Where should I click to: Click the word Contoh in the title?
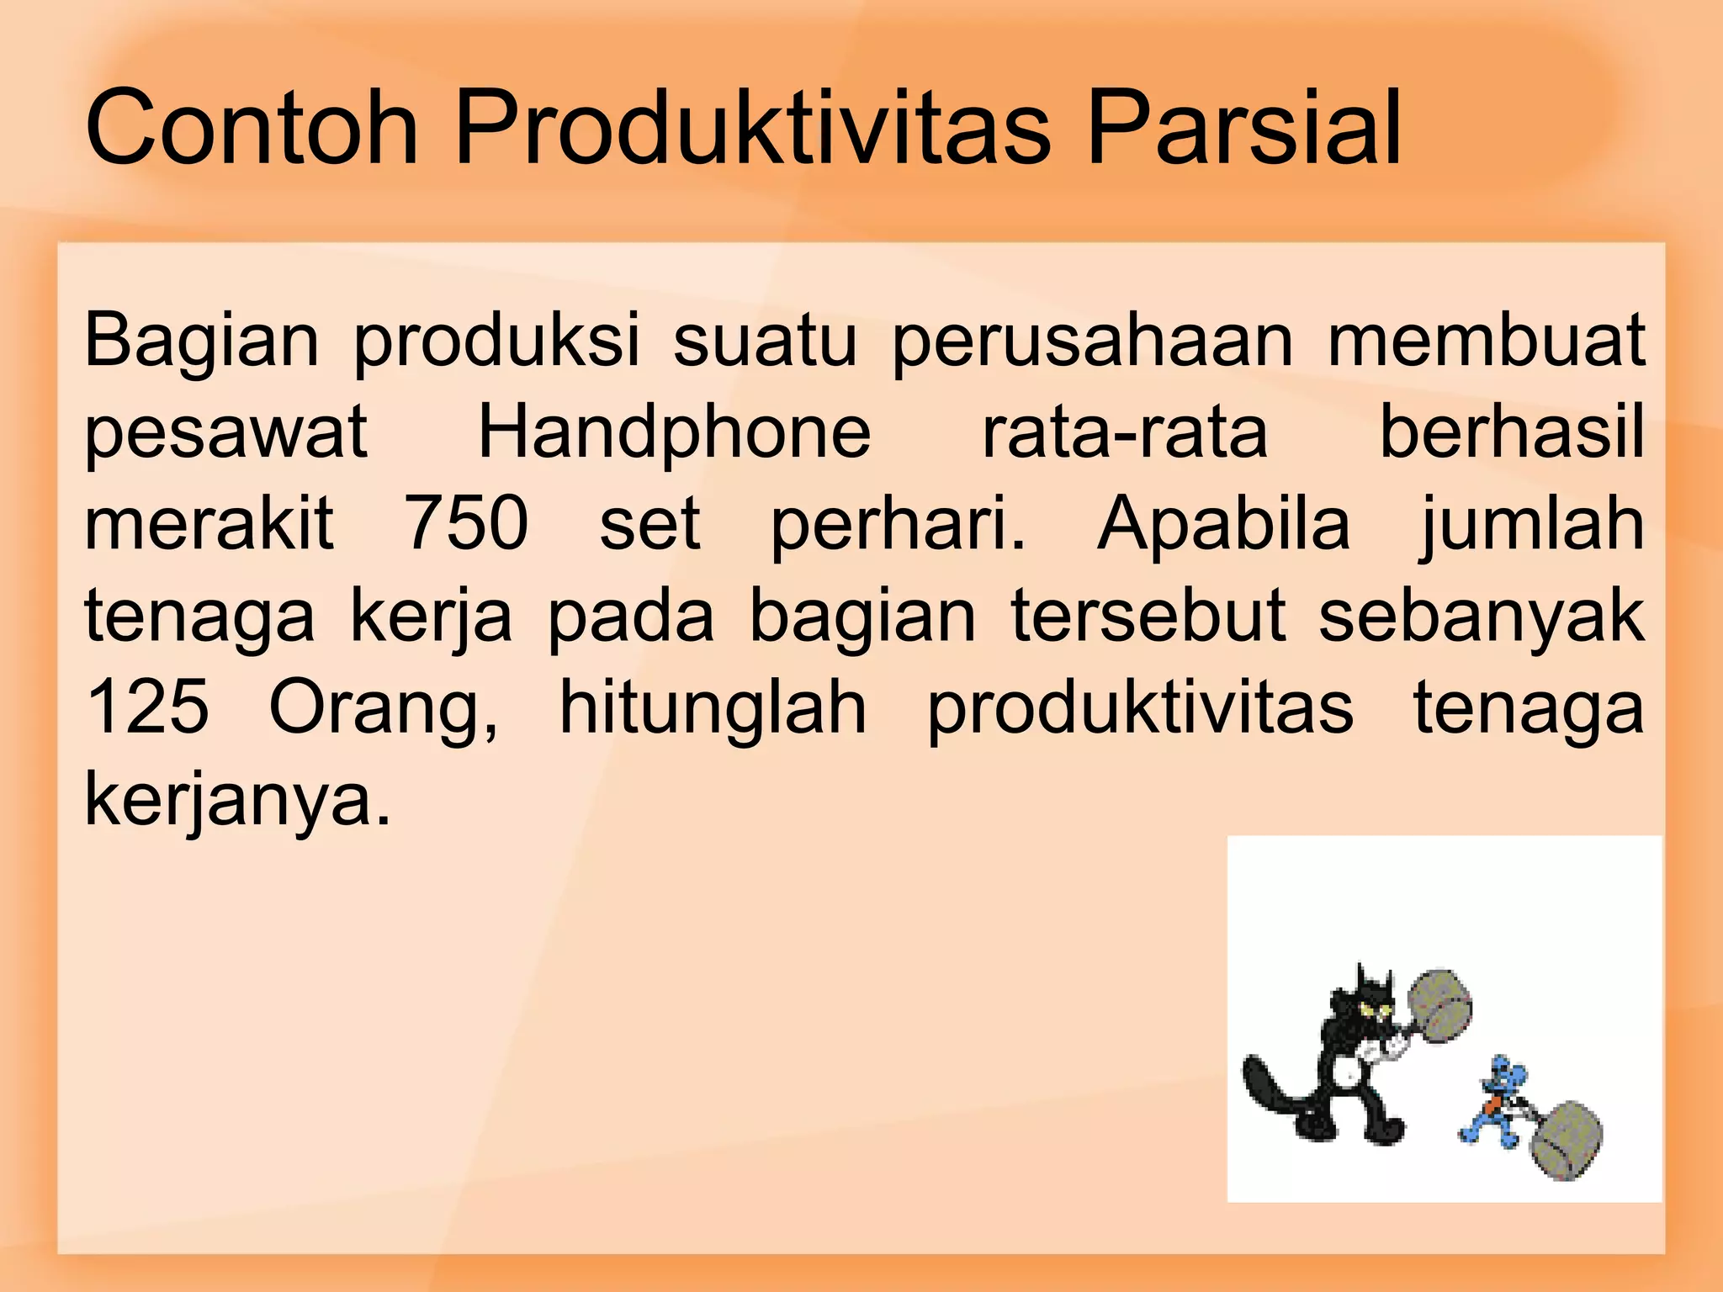pyautogui.click(x=252, y=129)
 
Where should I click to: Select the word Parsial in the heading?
pyautogui.click(x=1244, y=129)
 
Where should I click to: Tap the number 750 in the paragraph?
pyautogui.click(x=466, y=523)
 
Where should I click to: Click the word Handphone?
pyautogui.click(x=675, y=432)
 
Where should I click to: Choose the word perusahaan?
pyautogui.click(x=1092, y=342)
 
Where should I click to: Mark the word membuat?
pyautogui.click(x=1486, y=340)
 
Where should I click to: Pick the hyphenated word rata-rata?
pyautogui.click(x=1125, y=432)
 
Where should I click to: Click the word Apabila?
pyautogui.click(x=1223, y=523)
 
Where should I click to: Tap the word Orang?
pyautogui.click(x=384, y=709)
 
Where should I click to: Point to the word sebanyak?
pyautogui.click(x=1481, y=616)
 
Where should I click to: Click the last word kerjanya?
pyautogui.click(x=238, y=801)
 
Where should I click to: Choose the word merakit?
pyautogui.click(x=209, y=523)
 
